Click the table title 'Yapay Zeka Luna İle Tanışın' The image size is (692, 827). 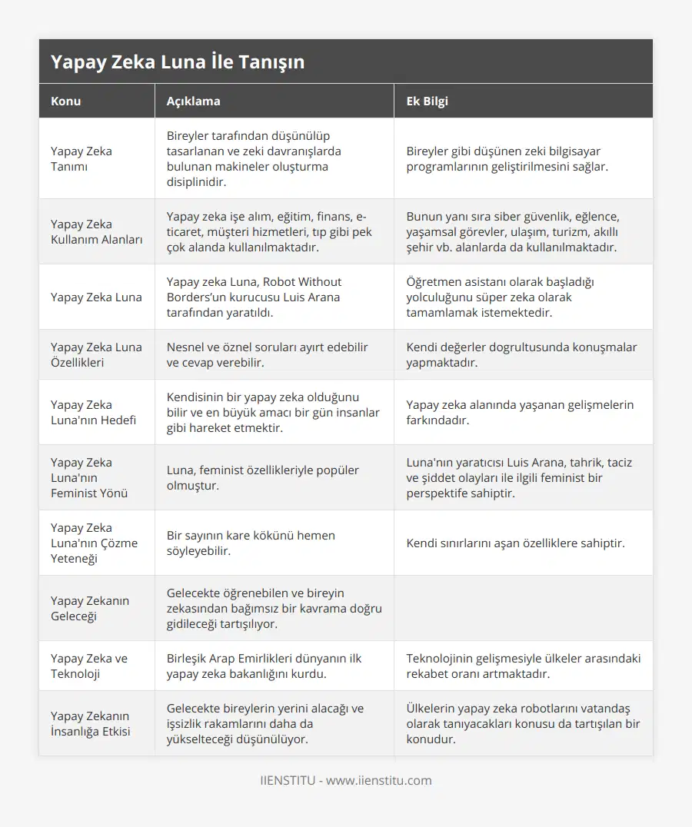[x=178, y=62]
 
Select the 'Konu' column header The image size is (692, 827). [x=66, y=101]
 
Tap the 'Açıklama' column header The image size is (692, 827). [x=193, y=101]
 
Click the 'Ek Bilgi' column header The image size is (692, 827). [x=427, y=101]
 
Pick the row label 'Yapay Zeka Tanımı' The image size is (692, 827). [x=82, y=158]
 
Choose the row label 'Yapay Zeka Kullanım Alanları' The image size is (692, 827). [x=96, y=231]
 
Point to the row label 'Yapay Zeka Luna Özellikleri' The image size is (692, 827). [x=96, y=354]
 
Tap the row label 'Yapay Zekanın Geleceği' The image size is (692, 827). [x=90, y=608]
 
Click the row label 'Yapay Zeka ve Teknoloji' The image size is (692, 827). [x=89, y=666]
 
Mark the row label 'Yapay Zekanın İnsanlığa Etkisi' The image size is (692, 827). [x=90, y=723]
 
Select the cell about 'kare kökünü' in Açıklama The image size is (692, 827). [x=251, y=543]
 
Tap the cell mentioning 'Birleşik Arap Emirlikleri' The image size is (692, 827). [x=264, y=666]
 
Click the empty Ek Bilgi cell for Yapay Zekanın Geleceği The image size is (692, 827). [x=523, y=608]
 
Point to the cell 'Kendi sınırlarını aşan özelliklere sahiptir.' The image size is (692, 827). [x=515, y=543]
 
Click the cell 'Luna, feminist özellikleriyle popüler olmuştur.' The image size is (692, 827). [x=263, y=477]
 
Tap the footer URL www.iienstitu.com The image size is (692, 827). [x=379, y=780]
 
